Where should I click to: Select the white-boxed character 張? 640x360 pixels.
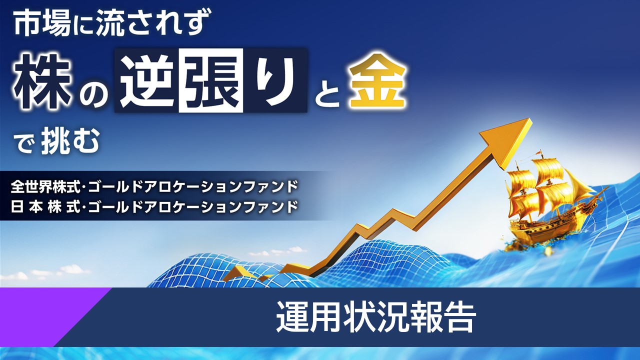(x=211, y=80)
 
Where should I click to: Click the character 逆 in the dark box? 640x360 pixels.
(x=147, y=80)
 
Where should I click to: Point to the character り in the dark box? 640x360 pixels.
(x=273, y=80)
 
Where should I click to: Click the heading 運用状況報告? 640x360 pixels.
(x=375, y=317)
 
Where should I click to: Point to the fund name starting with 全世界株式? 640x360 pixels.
(x=154, y=186)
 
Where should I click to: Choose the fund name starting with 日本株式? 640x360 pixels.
(x=154, y=206)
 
